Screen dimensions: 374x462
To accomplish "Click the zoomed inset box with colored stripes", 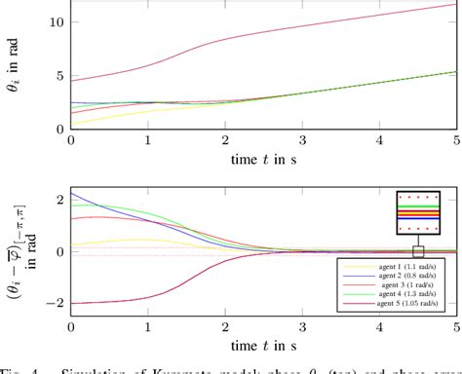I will pyautogui.click(x=418, y=212).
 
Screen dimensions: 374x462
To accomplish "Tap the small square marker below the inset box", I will pyautogui.click(x=418, y=250).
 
